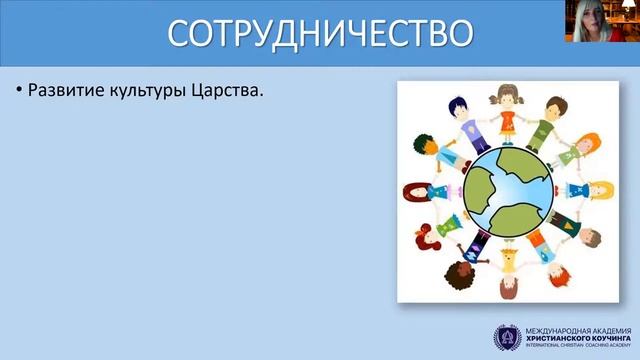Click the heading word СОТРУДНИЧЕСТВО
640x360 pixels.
point(319,33)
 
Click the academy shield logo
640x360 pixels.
point(506,338)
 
